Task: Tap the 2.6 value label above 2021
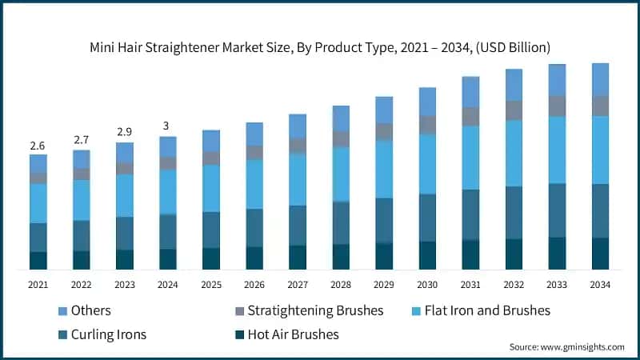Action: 38,146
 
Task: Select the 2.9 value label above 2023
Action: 125,130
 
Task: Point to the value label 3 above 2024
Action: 167,126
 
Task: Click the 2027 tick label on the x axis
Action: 297,284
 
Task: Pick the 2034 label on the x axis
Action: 599,284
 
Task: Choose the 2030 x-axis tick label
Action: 426,284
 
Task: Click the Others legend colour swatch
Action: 63,310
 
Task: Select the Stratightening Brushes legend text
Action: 315,310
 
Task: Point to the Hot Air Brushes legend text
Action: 293,334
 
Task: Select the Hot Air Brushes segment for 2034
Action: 599,253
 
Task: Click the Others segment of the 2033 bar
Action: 556,80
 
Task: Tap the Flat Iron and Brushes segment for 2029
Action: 383,169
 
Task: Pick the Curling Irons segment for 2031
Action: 470,214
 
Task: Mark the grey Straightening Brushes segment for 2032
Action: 513,110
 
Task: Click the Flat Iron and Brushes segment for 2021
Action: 38,203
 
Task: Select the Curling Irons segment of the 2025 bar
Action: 210,230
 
